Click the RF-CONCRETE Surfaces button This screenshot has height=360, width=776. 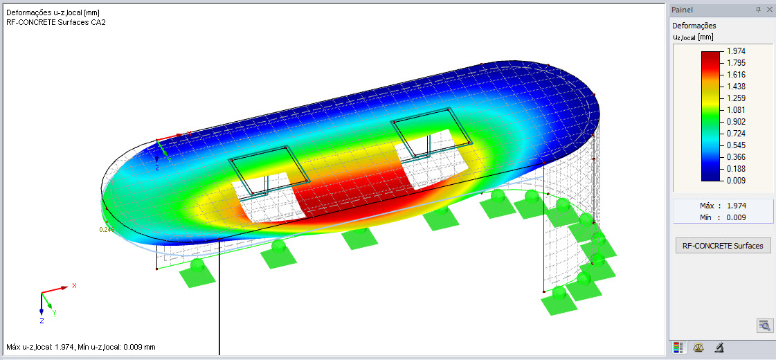click(x=723, y=246)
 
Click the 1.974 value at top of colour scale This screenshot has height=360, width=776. click(x=735, y=51)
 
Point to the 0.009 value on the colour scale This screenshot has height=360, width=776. click(x=735, y=181)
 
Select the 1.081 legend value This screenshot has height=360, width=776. click(x=735, y=110)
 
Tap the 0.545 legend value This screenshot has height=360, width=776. click(x=735, y=146)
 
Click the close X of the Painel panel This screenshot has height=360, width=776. click(x=769, y=10)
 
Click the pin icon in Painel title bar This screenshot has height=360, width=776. click(x=758, y=10)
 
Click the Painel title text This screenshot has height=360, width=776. click(x=683, y=10)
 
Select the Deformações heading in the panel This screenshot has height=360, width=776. click(x=694, y=26)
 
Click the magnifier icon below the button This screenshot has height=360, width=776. click(x=764, y=325)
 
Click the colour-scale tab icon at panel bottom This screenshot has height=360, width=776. click(x=678, y=348)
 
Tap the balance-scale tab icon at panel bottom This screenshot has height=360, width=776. click(x=698, y=348)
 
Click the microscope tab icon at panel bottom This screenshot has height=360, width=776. click(x=719, y=348)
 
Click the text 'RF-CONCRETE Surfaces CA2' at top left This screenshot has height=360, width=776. click(x=55, y=22)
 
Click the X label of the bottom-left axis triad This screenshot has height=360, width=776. click(x=74, y=285)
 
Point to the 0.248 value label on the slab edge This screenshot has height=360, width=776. click(x=106, y=229)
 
